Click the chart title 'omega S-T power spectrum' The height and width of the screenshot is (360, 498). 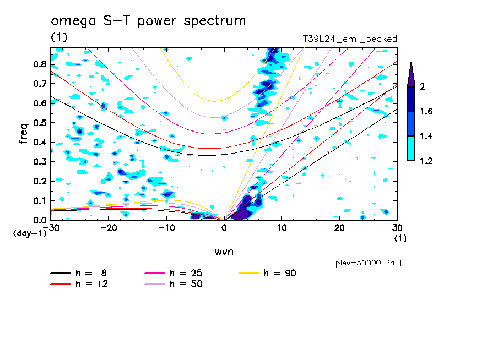pyautogui.click(x=148, y=21)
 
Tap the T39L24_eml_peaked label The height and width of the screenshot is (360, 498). pyautogui.click(x=350, y=39)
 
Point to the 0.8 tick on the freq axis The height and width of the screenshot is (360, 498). pyautogui.click(x=40, y=64)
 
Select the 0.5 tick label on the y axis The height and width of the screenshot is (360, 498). pyautogui.click(x=40, y=123)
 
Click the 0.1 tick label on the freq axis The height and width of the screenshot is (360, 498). pyautogui.click(x=40, y=201)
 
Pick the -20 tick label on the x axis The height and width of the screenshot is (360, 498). pyautogui.click(x=109, y=228)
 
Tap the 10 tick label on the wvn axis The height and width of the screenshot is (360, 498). pyautogui.click(x=282, y=228)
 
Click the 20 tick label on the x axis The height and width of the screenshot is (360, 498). pyautogui.click(x=339, y=228)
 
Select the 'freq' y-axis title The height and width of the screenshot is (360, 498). pyautogui.click(x=24, y=134)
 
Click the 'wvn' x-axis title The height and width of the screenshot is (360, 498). pyautogui.click(x=224, y=252)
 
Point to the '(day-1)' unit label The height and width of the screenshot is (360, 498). pyautogui.click(x=29, y=233)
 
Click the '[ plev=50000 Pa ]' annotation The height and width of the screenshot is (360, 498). pyautogui.click(x=365, y=263)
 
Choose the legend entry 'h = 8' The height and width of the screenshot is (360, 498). pyautogui.click(x=79, y=273)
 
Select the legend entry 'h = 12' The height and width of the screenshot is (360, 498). pyautogui.click(x=79, y=284)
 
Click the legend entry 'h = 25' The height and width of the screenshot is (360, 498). pyautogui.click(x=174, y=273)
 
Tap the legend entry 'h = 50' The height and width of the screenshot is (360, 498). pyautogui.click(x=174, y=284)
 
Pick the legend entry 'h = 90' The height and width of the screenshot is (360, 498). pyautogui.click(x=267, y=273)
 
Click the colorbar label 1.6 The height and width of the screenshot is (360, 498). pyautogui.click(x=426, y=111)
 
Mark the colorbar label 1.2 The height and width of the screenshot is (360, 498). pyautogui.click(x=426, y=161)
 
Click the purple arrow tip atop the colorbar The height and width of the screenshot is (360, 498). pyautogui.click(x=412, y=63)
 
